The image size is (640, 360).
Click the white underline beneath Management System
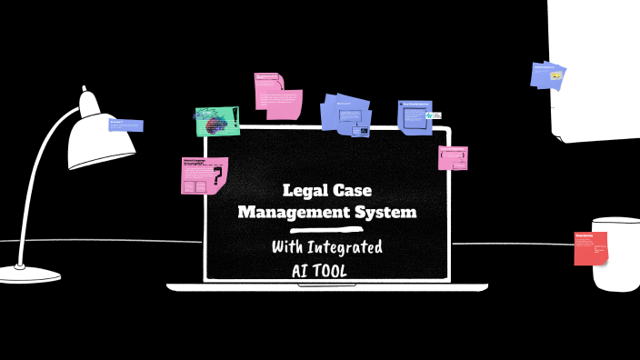click(326, 230)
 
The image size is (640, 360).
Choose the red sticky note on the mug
click(590, 248)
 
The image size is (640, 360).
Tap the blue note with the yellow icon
click(548, 76)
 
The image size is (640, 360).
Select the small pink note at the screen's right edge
click(453, 158)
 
